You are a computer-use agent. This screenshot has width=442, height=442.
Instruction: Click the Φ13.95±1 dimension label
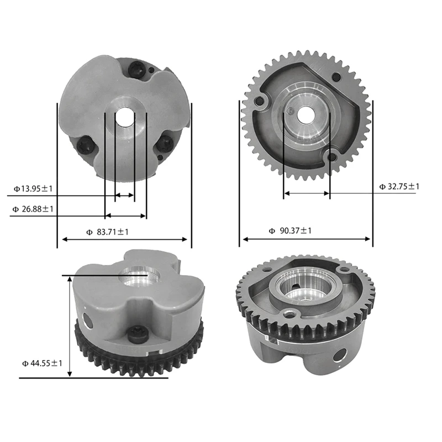pos(33,189)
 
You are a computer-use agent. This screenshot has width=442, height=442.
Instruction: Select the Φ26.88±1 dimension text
pos(33,209)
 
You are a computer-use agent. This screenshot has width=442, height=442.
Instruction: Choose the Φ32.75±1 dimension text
pos(399,187)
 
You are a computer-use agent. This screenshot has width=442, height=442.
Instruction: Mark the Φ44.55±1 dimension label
pos(42,364)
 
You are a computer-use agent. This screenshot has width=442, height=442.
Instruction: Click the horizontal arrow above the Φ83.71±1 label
pos(124,239)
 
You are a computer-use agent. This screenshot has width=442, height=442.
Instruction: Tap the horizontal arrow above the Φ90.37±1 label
pos(307,239)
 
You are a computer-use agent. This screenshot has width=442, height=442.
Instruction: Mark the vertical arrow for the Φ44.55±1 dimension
pos(70,326)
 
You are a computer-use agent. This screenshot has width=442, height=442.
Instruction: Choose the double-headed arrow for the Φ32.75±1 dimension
pos(306,194)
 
